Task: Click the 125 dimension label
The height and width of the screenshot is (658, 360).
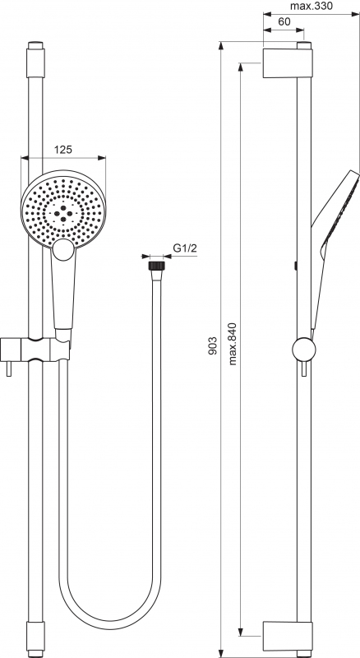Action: [63, 150]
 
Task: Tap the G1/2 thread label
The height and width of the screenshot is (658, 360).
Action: [185, 248]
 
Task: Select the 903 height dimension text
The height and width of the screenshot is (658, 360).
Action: [213, 345]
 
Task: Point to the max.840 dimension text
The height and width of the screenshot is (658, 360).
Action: [233, 344]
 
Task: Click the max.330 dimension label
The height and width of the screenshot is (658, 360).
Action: [312, 6]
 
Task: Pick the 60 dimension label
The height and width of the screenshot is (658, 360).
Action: [284, 22]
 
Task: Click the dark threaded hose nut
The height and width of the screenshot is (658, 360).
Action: [156, 266]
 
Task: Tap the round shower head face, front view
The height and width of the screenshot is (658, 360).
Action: [63, 209]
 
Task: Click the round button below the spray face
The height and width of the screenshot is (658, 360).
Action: [63, 250]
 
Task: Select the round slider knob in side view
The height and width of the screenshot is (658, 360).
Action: [304, 349]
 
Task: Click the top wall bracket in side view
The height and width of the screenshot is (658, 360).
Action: [288, 63]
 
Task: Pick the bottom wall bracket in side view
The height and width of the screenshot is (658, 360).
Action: [288, 636]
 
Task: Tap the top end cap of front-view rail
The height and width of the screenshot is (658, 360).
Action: [35, 59]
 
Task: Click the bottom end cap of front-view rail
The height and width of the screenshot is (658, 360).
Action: [35, 639]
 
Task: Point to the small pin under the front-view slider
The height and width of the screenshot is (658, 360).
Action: [9, 368]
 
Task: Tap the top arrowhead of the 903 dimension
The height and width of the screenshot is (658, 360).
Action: [221, 46]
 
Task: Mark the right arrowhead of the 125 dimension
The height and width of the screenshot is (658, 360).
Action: [101, 158]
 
